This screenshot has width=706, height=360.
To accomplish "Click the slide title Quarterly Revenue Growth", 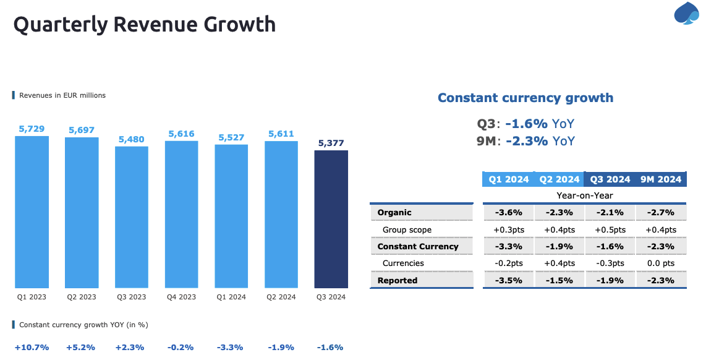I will point(145,25).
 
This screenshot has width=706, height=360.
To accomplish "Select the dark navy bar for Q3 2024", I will point(331,220).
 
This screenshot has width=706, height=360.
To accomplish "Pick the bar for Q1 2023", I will point(32,212).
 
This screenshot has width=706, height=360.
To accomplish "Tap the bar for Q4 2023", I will point(181,215).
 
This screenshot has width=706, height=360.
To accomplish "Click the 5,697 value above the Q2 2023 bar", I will point(81,130).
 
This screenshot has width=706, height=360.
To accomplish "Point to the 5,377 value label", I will point(331,144).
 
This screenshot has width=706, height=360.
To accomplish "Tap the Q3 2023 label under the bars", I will point(131,297).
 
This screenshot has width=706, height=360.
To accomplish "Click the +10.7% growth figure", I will point(32,348).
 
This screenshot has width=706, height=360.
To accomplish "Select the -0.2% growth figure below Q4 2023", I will point(181,348).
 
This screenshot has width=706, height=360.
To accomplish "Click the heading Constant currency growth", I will point(525,98).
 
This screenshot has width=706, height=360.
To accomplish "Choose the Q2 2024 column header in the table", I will point(559,179).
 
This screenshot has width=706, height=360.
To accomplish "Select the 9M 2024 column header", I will point(660,179).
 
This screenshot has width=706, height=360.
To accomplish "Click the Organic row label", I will point(394,212).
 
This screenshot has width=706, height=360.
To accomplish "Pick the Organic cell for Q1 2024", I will point(508,212).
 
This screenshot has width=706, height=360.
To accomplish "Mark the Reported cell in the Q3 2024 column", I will point(610,280).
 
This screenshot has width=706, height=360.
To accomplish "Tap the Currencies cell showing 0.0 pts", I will point(660,263).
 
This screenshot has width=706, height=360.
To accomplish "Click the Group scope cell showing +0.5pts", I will point(610,229).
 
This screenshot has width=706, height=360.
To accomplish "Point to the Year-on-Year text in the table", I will point(584,195).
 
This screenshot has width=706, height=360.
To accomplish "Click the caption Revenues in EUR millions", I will point(62,95).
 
